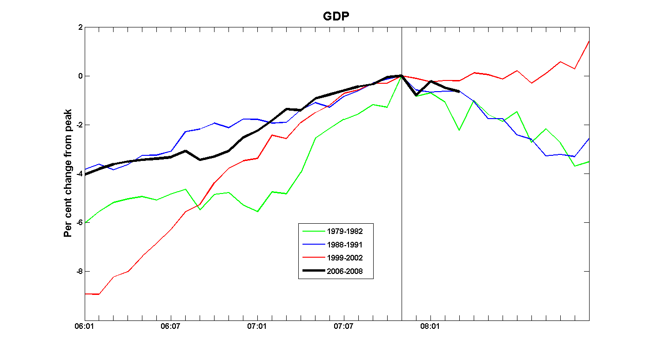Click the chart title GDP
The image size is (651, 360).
pos(336,17)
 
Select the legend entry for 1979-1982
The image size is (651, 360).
pos(345,231)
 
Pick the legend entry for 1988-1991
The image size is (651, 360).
pos(345,244)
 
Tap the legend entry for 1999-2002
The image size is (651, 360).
pos(345,258)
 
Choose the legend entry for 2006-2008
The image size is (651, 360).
pos(345,271)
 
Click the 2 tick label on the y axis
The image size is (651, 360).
pos(80,27)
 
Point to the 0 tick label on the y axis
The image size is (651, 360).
pos(80,76)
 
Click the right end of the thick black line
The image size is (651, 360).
pos(459,92)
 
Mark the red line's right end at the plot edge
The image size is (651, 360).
pos(589,41)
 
